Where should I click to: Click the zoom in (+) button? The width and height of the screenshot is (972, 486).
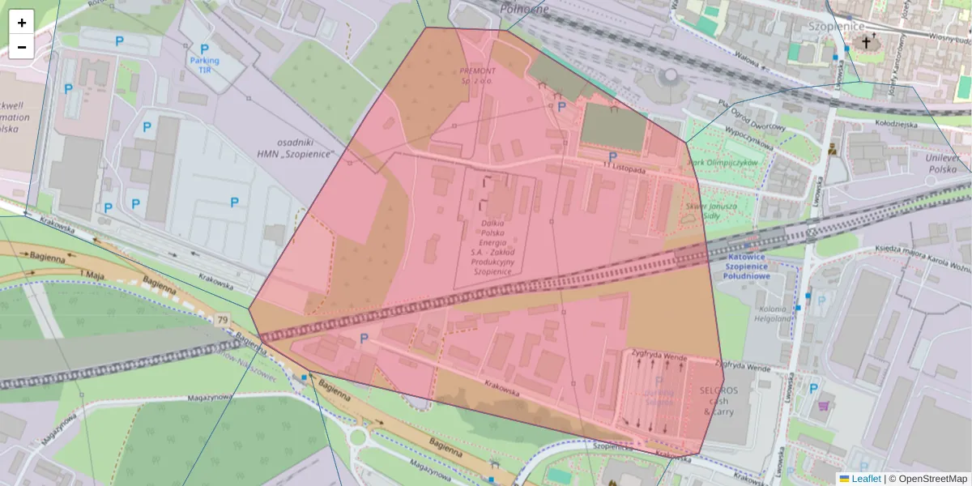pyautogui.click(x=22, y=23)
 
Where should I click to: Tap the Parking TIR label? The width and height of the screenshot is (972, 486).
pyautogui.click(x=204, y=65)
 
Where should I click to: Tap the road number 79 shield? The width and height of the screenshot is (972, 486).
pyautogui.click(x=222, y=320)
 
